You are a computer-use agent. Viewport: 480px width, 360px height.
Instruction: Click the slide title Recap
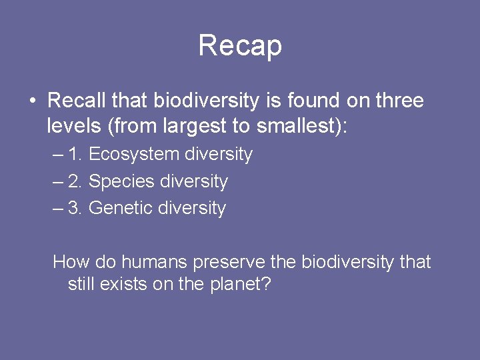click(240, 45)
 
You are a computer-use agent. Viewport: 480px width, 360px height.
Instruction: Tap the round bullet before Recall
click(32, 101)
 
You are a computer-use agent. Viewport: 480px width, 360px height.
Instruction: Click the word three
click(399, 101)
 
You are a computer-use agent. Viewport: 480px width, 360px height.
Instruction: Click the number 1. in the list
click(75, 155)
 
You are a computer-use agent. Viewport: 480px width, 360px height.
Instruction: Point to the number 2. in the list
click(75, 181)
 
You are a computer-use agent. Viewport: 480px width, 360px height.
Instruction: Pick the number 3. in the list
click(75, 208)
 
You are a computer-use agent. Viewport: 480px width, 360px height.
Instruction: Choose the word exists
click(122, 285)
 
